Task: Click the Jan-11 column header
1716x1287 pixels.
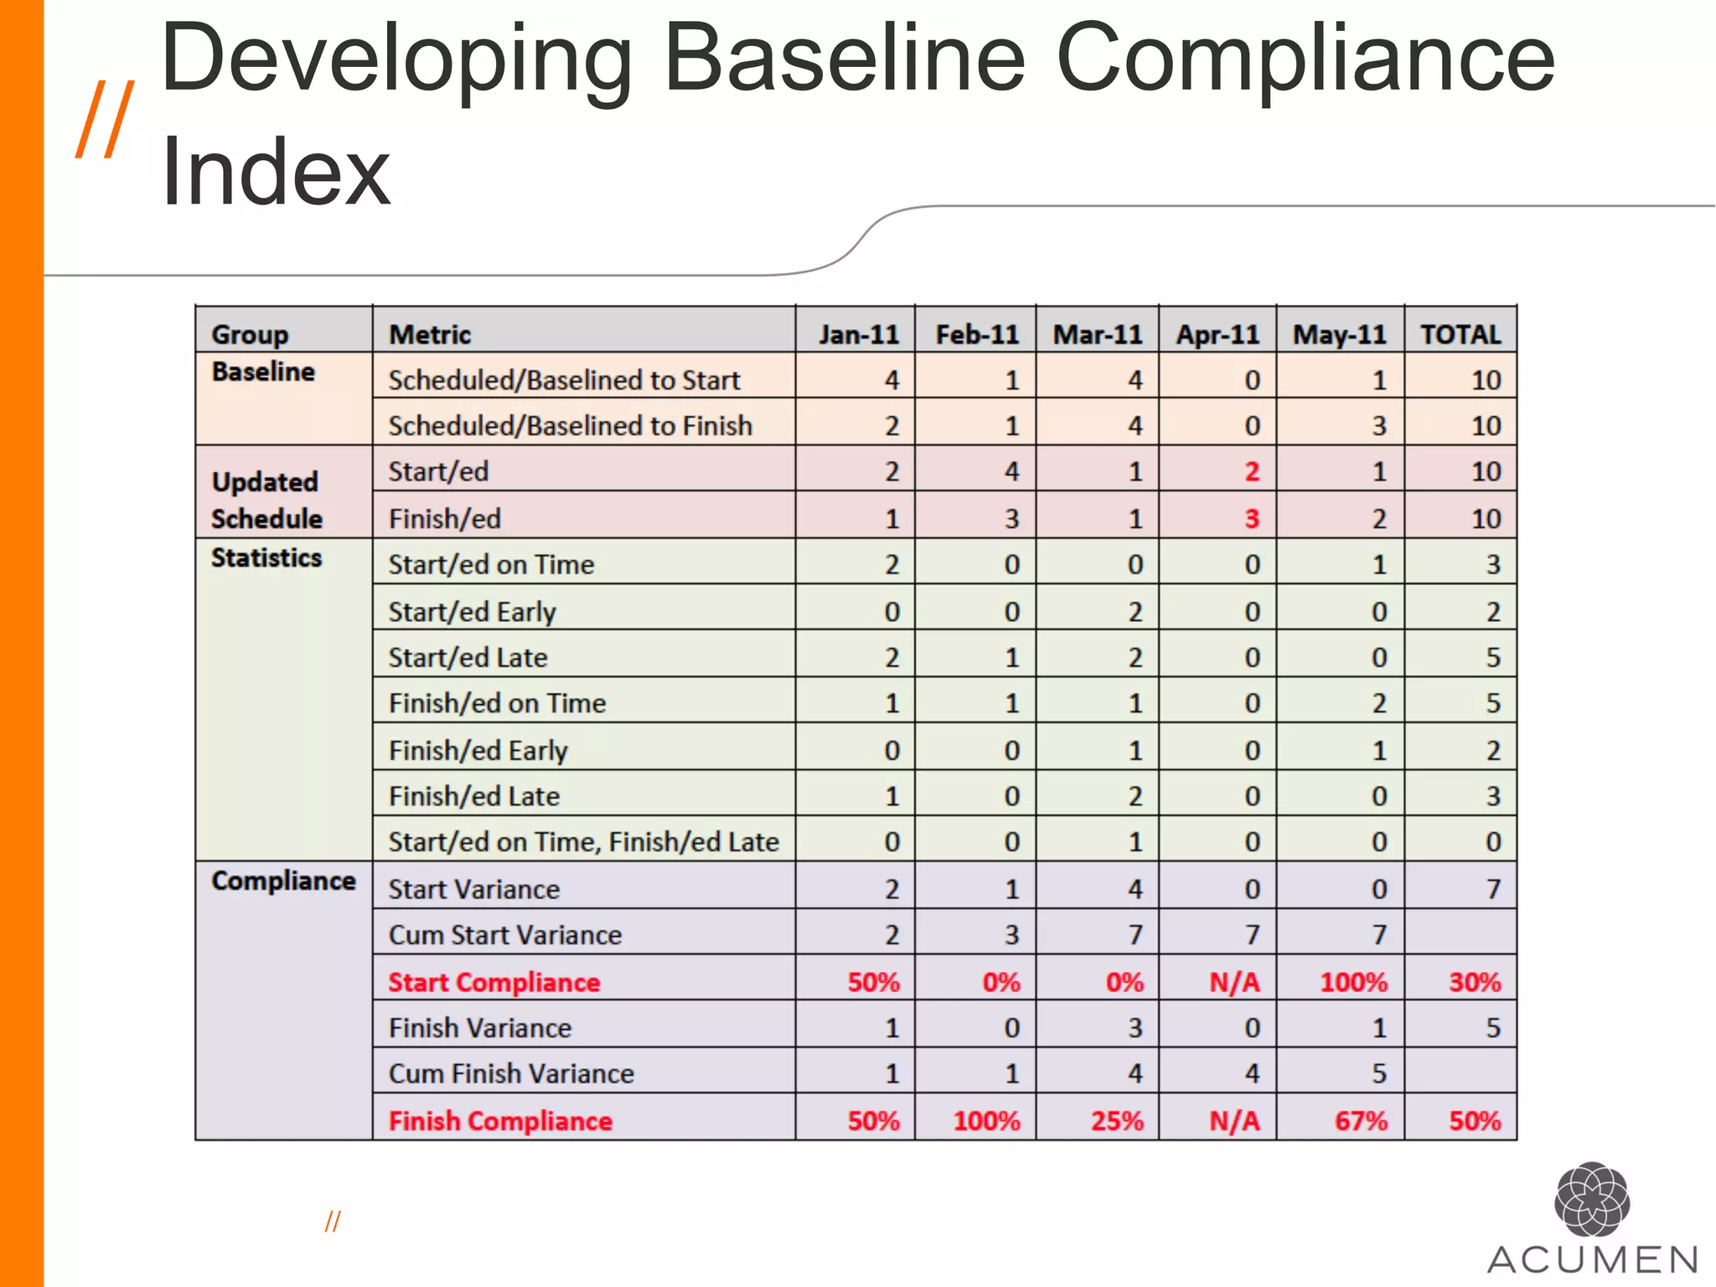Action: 858,334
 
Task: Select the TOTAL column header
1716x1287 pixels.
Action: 1460,334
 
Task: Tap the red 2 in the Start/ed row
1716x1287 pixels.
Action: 1251,472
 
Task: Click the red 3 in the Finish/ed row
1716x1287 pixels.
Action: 1251,519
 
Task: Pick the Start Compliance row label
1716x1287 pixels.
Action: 494,982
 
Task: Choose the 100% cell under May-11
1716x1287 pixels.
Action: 1353,982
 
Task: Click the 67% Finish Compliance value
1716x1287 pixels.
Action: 1361,1121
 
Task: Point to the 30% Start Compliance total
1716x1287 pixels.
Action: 1475,982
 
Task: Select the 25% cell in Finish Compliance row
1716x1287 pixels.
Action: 1116,1121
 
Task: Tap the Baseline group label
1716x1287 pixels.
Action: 263,371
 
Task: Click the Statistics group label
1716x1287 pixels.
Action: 266,557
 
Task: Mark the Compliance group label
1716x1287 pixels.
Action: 283,881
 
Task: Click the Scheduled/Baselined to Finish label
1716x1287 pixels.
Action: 570,426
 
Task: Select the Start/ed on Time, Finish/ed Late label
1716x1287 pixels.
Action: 583,841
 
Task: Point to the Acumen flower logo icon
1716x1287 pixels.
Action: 1591,1199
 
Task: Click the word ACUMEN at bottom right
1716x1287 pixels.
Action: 1592,1259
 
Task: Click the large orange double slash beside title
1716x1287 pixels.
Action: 105,119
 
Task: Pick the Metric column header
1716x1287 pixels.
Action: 430,334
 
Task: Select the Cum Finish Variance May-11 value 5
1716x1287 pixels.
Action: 1378,1073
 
